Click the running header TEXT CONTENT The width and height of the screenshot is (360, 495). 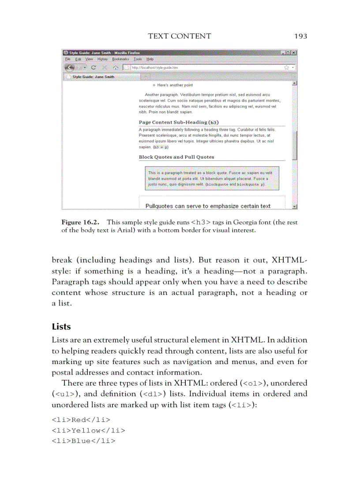pyautogui.click(x=180, y=36)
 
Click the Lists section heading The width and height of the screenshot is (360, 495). pyautogui.click(x=61, y=327)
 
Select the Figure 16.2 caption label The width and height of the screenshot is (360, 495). pyautogui.click(x=80, y=223)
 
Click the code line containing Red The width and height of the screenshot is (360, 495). pyautogui.click(x=81, y=419)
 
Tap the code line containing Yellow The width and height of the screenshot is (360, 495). pyautogui.click(x=88, y=430)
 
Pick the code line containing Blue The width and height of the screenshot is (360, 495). pyautogui.click(x=83, y=440)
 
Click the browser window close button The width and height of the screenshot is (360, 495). pyautogui.click(x=294, y=52)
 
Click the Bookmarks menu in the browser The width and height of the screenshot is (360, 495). pyautogui.click(x=120, y=59)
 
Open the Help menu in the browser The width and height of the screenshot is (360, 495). pyautogui.click(x=150, y=59)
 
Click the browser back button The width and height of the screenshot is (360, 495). pyautogui.click(x=70, y=67)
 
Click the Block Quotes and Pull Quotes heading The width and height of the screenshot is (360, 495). pyautogui.click(x=176, y=157)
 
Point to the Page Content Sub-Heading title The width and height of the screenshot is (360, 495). pyautogui.click(x=179, y=122)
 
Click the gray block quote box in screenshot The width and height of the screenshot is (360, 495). pyautogui.click(x=212, y=179)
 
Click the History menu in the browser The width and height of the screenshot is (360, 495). pyautogui.click(x=102, y=59)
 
